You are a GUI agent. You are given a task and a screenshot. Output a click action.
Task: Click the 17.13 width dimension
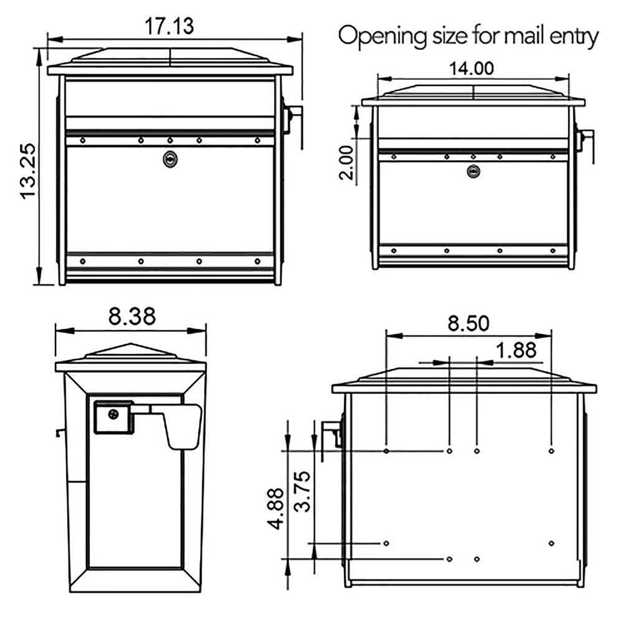[x=169, y=26]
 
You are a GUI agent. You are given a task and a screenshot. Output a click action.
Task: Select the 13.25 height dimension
[x=29, y=171]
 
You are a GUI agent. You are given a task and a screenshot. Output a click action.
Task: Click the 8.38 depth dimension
[x=131, y=316]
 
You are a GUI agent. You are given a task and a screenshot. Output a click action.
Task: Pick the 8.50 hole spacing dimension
[x=468, y=324]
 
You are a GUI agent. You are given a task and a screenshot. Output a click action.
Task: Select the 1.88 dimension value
[x=516, y=351]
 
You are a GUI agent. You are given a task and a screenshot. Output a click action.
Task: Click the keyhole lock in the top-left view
[x=169, y=159]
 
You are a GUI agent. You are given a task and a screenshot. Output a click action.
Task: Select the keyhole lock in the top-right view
[x=473, y=171]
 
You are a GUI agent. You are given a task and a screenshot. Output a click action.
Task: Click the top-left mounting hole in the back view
[x=387, y=450]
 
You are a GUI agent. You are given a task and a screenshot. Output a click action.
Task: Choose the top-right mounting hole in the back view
[x=551, y=450]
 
